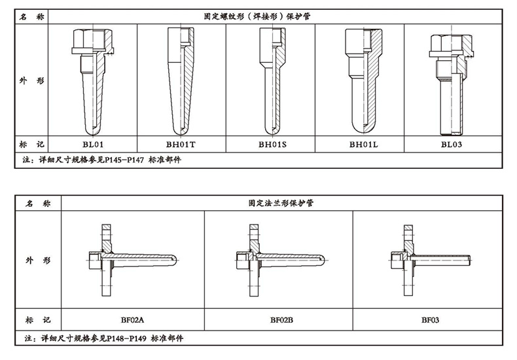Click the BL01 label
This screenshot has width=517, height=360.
coord(93,144)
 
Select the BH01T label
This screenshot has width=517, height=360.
coord(181,144)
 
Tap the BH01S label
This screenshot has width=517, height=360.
coord(270,144)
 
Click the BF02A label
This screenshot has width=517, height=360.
coord(132,320)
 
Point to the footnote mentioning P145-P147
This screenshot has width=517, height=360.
coord(101,159)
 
